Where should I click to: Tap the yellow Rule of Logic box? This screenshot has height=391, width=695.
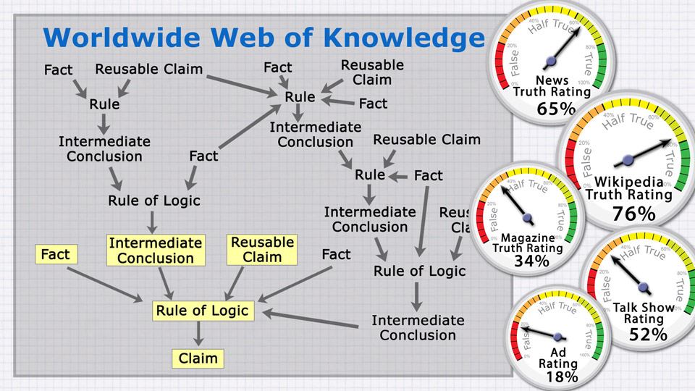tap(202, 311)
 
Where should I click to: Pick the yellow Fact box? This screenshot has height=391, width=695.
tap(55, 255)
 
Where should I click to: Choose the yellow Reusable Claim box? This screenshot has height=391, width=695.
tap(262, 250)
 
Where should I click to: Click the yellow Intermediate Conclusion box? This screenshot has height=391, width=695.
tap(156, 251)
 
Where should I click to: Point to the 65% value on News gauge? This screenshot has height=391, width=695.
tap(556, 109)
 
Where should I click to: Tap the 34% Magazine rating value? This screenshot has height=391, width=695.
tap(531, 261)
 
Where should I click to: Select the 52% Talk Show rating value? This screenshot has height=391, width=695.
tap(647, 334)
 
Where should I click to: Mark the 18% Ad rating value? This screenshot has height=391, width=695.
tap(562, 377)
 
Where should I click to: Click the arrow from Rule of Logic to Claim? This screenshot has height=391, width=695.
tap(198, 334)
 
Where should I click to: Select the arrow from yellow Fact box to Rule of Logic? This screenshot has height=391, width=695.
tap(104, 285)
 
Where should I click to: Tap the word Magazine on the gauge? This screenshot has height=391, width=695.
tap(527, 237)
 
